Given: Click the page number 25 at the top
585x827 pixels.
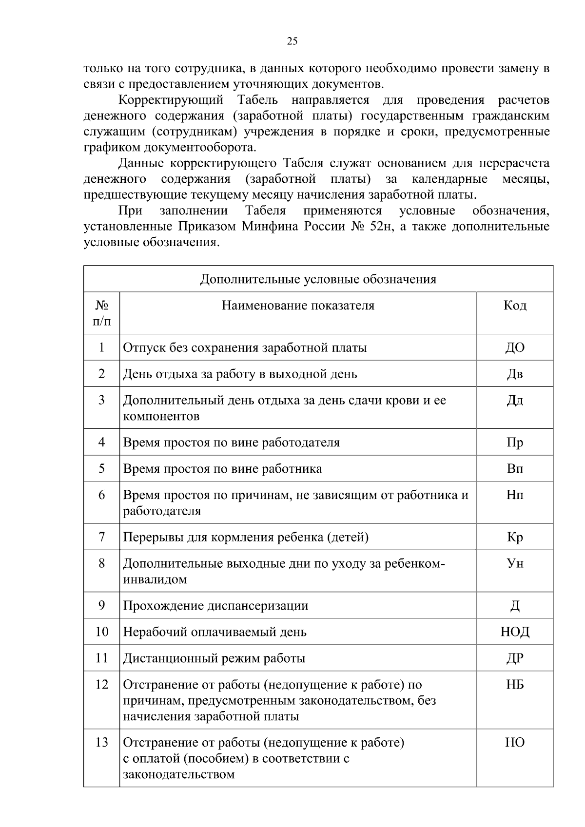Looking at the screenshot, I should [292, 41].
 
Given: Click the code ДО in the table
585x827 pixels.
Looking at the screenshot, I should [515, 347].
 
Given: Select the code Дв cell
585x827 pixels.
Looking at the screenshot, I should [515, 374].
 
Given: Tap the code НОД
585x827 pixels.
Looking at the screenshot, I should [515, 632].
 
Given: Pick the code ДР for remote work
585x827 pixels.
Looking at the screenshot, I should [515, 658].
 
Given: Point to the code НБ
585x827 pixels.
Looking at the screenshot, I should [515, 685].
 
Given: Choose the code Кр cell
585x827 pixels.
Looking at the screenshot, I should [515, 537].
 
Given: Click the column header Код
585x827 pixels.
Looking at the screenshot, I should [515, 306].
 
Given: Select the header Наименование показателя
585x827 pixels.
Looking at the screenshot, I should [298, 306].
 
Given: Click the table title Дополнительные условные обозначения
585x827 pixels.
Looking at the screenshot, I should [318, 279].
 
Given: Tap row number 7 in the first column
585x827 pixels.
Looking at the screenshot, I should [101, 537].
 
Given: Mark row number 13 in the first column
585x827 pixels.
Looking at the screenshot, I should [101, 743].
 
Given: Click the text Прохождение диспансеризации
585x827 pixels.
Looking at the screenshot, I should [215, 606].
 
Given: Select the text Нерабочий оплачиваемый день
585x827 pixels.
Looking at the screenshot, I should [214, 632].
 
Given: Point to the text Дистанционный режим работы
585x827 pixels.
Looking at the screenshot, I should [214, 658].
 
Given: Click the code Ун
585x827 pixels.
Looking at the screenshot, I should [515, 563].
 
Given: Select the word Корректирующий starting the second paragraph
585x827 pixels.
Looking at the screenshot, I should [171, 100].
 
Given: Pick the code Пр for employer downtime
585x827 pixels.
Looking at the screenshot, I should [515, 442].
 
